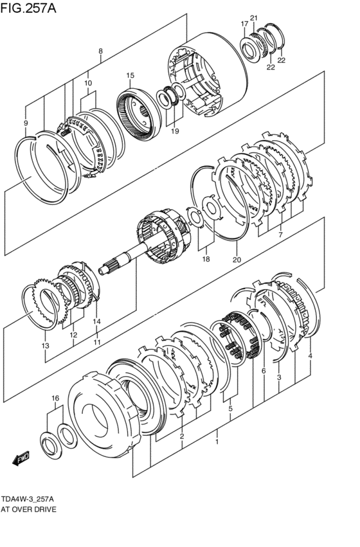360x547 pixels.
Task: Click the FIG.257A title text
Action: point(28,8)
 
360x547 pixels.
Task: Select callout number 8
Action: point(100,51)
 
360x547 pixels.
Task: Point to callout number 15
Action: point(130,75)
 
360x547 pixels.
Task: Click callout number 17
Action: point(244,24)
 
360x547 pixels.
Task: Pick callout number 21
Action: point(253,18)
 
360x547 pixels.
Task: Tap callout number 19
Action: point(175,131)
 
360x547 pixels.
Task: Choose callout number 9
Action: point(26,123)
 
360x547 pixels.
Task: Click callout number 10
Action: point(88,83)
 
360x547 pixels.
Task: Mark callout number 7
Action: point(280,235)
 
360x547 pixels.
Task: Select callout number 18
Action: point(206,259)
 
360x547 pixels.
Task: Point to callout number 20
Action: point(237,260)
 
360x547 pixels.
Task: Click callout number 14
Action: point(96,321)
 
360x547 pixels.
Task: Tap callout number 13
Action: point(46,346)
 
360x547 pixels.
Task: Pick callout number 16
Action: point(55,398)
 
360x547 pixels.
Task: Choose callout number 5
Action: point(230,409)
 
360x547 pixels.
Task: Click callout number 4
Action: point(310,356)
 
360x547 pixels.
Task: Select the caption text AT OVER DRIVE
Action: point(28,509)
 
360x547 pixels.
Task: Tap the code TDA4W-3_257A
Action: point(27,499)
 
